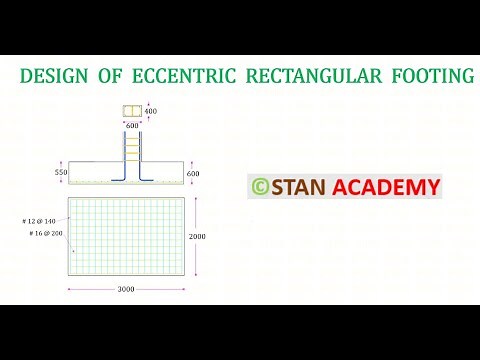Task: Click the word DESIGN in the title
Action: coord(56,77)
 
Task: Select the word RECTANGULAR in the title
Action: coord(321,77)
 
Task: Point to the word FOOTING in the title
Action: coord(429,77)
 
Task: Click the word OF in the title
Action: coord(110,77)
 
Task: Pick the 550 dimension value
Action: coord(61,173)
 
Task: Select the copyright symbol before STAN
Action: coord(259,187)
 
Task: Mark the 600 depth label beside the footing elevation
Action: coord(194,174)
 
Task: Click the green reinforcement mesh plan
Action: coord(130,237)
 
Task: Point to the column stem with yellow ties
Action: coord(132,150)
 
